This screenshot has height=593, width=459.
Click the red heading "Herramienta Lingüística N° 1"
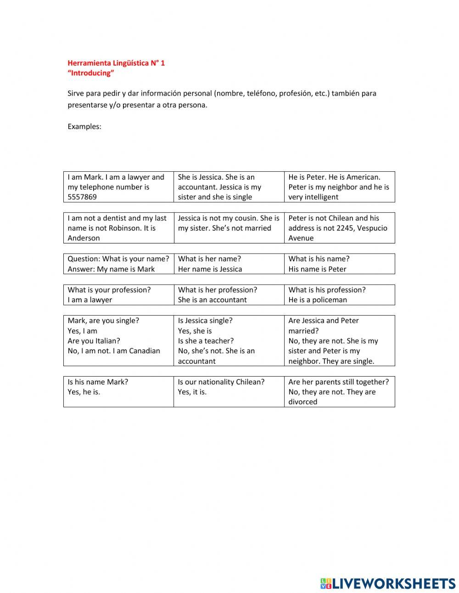[116, 63]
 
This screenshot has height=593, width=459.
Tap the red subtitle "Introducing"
[90, 73]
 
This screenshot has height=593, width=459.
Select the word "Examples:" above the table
[84, 127]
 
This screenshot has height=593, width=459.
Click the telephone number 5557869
[82, 197]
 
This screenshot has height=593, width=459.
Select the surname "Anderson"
[84, 238]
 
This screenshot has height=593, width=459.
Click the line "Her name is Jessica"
[210, 269]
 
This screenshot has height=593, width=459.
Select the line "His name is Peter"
[317, 269]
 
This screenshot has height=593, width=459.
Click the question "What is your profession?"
[109, 290]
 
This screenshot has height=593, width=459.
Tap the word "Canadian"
[145, 351]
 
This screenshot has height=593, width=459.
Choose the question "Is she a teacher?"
[206, 341]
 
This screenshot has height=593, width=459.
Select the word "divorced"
[302, 402]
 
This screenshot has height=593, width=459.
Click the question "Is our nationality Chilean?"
[221, 382]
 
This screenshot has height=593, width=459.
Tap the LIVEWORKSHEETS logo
[388, 583]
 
